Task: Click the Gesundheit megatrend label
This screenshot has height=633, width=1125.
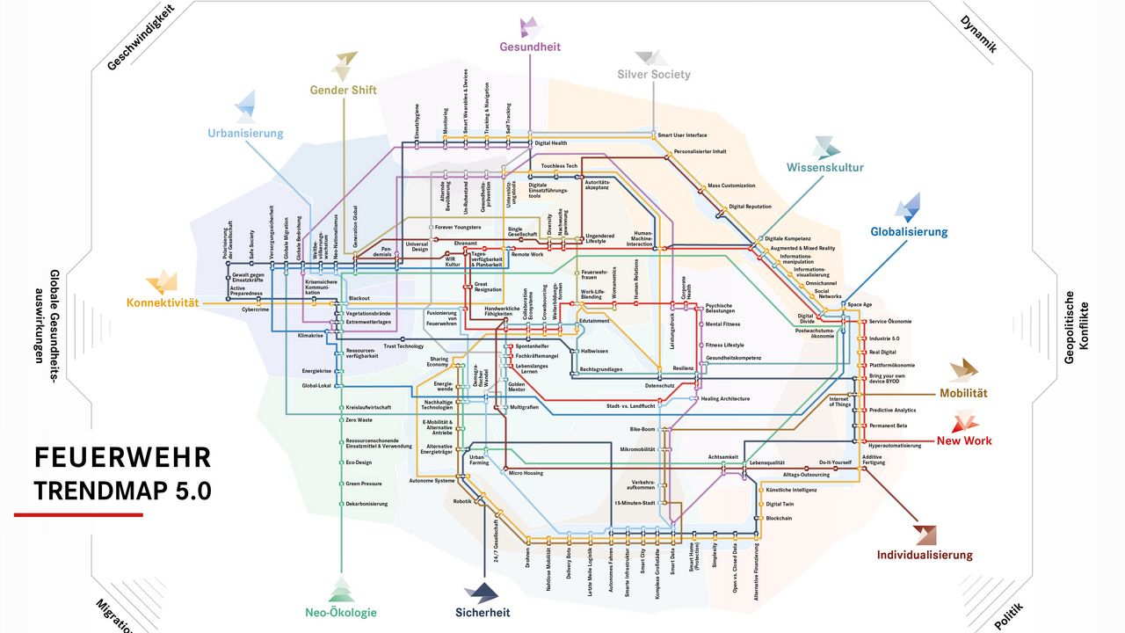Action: pyautogui.click(x=530, y=47)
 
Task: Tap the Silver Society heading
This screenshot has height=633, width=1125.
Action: pyautogui.click(x=654, y=75)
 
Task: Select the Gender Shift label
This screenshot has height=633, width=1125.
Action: pyautogui.click(x=343, y=90)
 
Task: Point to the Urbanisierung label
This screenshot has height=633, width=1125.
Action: pyautogui.click(x=245, y=134)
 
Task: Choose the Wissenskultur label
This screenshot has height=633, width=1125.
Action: pyautogui.click(x=824, y=167)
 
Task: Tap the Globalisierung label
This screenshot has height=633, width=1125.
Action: pyautogui.click(x=909, y=232)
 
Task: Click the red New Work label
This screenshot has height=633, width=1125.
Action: pyautogui.click(x=963, y=440)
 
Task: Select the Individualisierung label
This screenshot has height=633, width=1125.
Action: pyautogui.click(x=925, y=555)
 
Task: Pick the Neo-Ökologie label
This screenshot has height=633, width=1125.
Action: pyautogui.click(x=341, y=613)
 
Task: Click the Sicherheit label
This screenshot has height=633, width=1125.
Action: pyautogui.click(x=483, y=613)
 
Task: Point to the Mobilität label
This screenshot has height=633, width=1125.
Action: pyautogui.click(x=964, y=393)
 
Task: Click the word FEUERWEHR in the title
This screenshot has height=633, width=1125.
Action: pyautogui.click(x=123, y=458)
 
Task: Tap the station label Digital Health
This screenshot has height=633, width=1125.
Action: pyautogui.click(x=551, y=143)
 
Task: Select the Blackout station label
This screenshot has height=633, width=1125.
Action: pyautogui.click(x=359, y=299)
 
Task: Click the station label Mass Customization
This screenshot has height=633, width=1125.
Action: pyautogui.click(x=731, y=186)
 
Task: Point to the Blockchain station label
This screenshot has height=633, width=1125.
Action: pyautogui.click(x=779, y=518)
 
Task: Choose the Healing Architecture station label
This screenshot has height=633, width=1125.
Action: pyautogui.click(x=725, y=398)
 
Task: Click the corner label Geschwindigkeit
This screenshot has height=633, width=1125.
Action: pyautogui.click(x=141, y=37)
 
